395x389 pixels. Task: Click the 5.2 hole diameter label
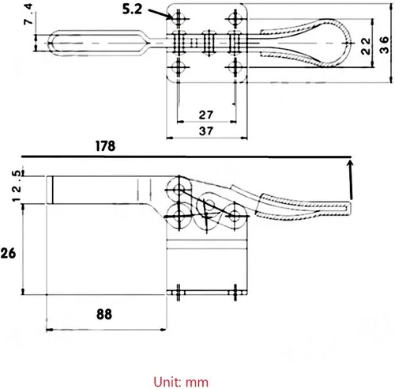[x=132, y=9]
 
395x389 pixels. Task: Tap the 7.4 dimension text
[x=28, y=14]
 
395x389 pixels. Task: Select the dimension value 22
[x=366, y=46]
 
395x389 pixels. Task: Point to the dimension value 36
[x=384, y=45]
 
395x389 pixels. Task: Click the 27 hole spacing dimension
[x=206, y=115]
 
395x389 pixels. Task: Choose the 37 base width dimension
[x=206, y=130]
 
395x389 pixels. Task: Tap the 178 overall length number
[x=105, y=146]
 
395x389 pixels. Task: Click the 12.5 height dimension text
[x=16, y=186]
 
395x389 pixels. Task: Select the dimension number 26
[x=8, y=253]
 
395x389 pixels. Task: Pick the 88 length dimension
[x=104, y=314]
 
